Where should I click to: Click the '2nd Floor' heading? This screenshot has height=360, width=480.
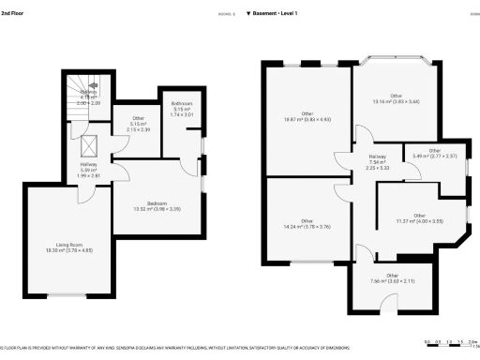[x=14, y=14]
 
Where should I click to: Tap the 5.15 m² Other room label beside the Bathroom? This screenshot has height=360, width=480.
[x=138, y=122]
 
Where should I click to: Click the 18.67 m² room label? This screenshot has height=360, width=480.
[x=307, y=117]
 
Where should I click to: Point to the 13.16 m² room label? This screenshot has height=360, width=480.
[x=396, y=99]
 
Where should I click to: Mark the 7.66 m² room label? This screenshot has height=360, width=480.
[x=379, y=278]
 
